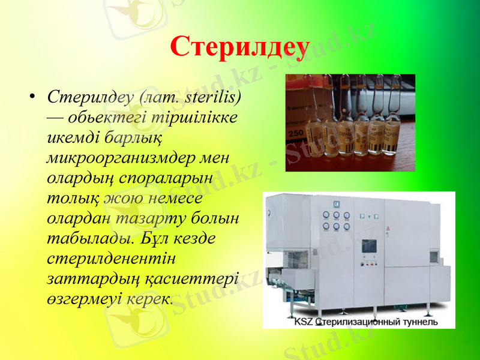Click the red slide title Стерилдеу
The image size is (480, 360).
coord(240,46)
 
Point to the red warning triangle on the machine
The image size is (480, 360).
coord(387,228)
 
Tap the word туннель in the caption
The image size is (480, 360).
coord(419,322)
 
